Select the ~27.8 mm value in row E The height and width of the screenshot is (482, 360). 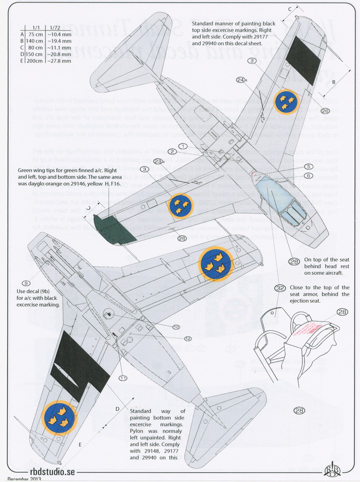pyautogui.click(x=59, y=61)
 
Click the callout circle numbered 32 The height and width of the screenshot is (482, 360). pyautogui.click(x=280, y=288)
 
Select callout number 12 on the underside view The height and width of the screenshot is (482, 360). pyautogui.click(x=187, y=339)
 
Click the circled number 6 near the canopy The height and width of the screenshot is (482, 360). pyautogui.click(x=308, y=175)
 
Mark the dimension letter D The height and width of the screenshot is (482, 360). pyautogui.click(x=117, y=409)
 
